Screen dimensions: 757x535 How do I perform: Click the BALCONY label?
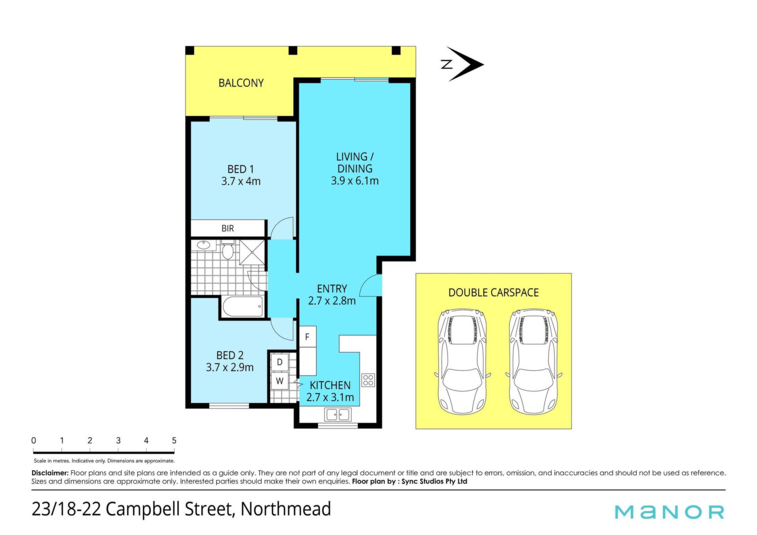point(241,83)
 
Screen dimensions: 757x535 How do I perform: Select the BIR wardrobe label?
point(227,228)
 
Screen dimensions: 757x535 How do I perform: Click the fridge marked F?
point(308,337)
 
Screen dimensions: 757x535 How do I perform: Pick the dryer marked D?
point(280,362)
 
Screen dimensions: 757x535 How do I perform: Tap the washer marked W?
point(280,381)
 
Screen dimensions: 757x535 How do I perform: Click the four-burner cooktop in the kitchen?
point(368,380)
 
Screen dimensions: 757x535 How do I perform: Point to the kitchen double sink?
point(337,414)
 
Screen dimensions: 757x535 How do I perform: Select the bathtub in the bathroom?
point(242,307)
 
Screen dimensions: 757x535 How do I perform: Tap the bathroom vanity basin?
point(203,245)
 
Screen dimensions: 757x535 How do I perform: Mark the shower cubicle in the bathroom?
point(252,252)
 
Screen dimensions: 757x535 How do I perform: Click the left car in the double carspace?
point(462,362)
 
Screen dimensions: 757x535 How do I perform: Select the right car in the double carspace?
point(533,362)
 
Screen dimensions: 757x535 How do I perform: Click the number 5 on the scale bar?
point(174,440)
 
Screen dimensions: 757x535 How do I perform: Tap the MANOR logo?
point(669,512)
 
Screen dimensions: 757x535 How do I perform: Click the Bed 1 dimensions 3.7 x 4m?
point(241,181)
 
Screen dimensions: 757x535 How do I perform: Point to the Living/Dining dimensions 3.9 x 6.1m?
point(354,181)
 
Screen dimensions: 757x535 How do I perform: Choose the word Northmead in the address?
point(286,509)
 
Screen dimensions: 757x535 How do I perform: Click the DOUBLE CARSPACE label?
point(494,293)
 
